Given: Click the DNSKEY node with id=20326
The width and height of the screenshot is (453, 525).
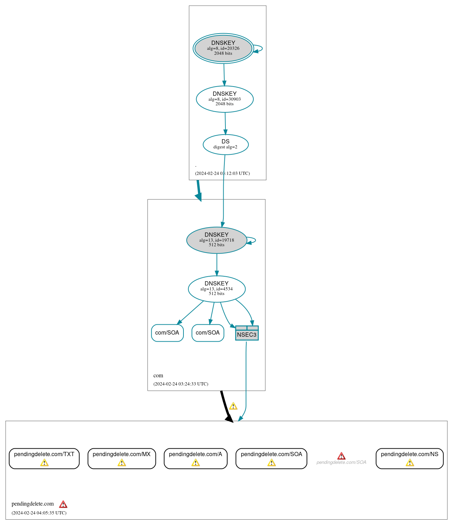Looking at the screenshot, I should coord(223,48).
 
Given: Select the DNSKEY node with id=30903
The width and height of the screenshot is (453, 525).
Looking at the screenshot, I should coord(224,99).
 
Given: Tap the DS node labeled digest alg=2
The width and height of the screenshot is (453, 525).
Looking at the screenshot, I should coord(225,144).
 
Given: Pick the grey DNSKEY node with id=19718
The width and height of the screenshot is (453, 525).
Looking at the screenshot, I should coord(216,240).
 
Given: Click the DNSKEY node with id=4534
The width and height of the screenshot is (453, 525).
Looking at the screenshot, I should coord(216,289).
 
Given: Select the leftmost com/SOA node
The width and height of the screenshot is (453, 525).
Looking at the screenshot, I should coord(167,333).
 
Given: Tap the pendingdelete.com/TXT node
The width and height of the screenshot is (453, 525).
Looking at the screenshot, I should coord(44,458).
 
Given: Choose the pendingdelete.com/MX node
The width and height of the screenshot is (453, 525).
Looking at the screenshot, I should coord(121,458).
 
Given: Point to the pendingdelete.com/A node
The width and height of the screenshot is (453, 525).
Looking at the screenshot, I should coord(195,458).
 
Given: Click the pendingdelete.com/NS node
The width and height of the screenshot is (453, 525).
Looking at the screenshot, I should coord(409,458).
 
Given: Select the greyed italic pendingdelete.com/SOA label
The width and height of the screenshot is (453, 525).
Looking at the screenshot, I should coord(341,462).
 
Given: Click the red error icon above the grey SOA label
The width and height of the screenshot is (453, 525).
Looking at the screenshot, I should coord(341,456).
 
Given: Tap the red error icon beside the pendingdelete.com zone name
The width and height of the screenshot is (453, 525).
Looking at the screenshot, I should coord(63,504).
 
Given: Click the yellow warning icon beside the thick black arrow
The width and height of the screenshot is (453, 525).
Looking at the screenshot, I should coord(233,406).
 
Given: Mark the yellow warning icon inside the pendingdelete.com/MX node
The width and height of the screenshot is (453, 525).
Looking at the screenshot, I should coord(122,462).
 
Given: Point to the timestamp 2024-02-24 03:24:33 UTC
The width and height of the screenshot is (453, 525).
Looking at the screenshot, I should coord(181,384).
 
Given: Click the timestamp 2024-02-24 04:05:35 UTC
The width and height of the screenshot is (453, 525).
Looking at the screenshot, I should coord(39,513).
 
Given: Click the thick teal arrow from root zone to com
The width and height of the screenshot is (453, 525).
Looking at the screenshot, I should coord(199,191).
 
